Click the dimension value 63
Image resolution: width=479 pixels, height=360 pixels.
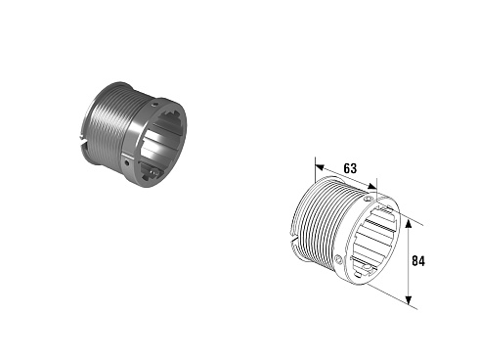pos(350,168)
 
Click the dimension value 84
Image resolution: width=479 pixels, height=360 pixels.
pos(418,261)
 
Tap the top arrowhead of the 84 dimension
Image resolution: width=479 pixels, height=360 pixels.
pos(409,224)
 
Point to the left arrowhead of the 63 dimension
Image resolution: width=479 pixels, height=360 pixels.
pos(320,167)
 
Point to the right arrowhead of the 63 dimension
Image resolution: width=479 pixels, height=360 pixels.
pos(371,187)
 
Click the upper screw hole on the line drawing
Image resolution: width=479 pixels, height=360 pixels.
pos(369,199)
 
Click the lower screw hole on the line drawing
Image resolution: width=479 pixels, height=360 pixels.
pos(339,259)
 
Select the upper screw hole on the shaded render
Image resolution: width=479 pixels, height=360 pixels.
pos(155,105)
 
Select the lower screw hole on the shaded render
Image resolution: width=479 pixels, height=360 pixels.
pos(127,161)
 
